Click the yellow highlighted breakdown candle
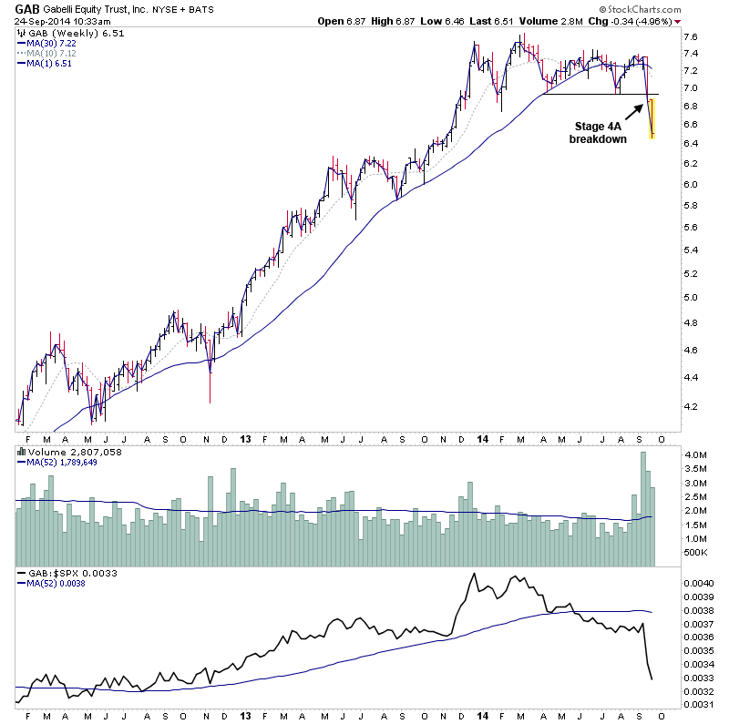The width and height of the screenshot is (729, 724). click(652, 118)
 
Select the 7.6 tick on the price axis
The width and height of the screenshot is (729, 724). click(691, 37)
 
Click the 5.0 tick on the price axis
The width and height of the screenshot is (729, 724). click(691, 297)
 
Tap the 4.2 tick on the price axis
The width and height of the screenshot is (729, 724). click(691, 406)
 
